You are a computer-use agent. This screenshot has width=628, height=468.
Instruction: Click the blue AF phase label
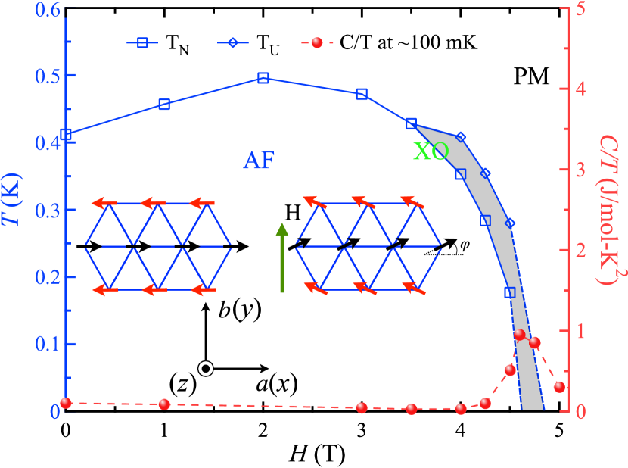point(259,160)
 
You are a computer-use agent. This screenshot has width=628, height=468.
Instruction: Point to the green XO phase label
point(431,151)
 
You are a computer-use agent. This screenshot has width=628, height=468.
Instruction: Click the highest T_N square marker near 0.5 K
point(263,78)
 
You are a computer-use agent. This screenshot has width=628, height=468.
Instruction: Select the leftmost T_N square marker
point(67,135)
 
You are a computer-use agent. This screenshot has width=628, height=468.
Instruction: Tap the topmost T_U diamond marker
point(461,137)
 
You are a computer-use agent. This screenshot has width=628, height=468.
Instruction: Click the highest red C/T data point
point(519,334)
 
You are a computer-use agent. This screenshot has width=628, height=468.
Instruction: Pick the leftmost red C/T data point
point(66,402)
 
